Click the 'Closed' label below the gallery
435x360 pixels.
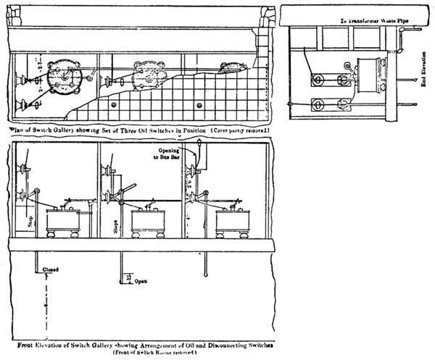(x=50, y=269)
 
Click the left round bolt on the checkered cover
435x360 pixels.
(x=115, y=106)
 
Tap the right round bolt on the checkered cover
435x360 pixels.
(x=198, y=106)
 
